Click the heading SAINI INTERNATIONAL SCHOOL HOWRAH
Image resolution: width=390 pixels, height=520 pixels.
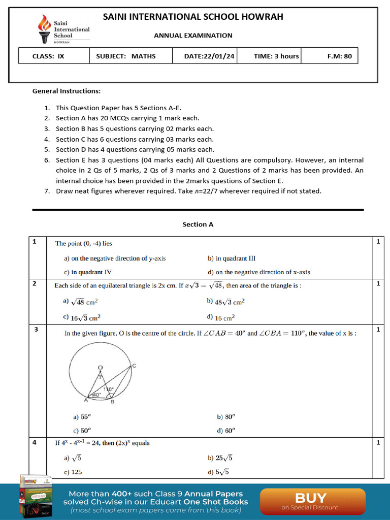point(193,17)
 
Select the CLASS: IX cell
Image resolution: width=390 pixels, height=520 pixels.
point(49,56)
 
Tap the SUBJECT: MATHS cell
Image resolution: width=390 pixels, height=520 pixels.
point(126,56)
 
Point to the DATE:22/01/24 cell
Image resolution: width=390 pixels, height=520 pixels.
point(209,56)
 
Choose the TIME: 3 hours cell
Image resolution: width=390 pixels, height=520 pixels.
point(276,56)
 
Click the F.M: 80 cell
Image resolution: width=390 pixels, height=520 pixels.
point(339,56)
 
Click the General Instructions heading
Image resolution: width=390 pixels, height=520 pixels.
point(67,91)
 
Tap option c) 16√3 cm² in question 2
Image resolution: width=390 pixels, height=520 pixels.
point(82,317)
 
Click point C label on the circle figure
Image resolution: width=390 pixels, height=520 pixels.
point(134,366)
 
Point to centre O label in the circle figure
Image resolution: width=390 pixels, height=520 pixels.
point(100,367)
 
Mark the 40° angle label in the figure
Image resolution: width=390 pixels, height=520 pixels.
point(95,395)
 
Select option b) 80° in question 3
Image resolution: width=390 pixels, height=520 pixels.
point(226,417)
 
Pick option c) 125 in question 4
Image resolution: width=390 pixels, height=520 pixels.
point(73,472)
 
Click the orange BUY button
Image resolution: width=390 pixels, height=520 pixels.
point(312,500)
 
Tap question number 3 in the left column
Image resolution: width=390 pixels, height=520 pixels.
point(36,330)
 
